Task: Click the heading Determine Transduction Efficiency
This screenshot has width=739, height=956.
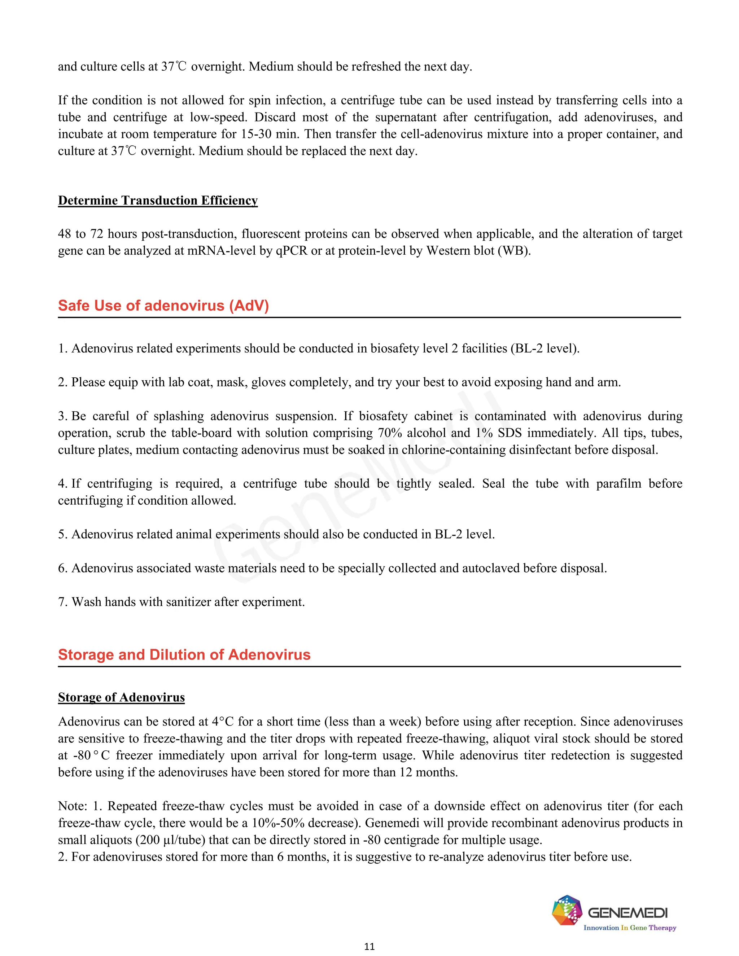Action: (158, 201)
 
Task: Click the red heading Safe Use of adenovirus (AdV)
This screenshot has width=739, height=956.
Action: (163, 306)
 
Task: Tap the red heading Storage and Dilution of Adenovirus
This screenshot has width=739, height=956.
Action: (184, 654)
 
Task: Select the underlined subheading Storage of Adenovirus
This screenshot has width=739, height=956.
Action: (121, 697)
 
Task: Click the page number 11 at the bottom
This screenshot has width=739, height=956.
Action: (369, 946)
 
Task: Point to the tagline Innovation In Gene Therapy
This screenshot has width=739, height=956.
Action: (630, 928)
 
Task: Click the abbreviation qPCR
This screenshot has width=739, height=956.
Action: (292, 251)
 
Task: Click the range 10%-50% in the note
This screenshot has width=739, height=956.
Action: (278, 823)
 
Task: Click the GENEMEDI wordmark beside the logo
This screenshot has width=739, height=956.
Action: (628, 913)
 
